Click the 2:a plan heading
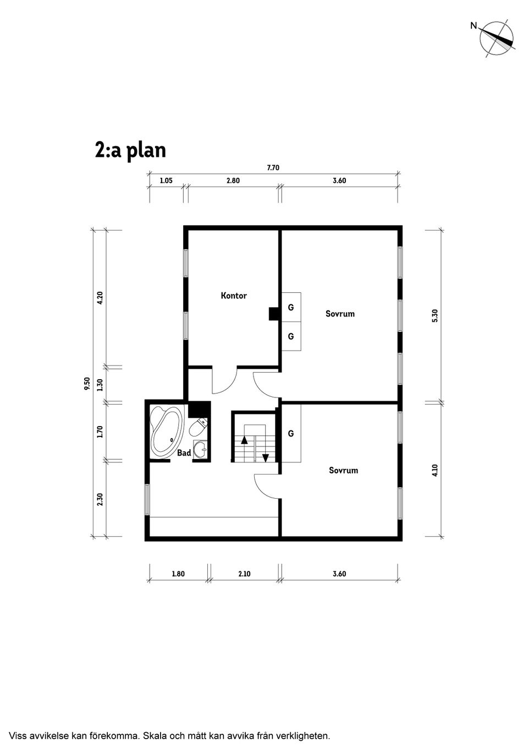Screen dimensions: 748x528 130,150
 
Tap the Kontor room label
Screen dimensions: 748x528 234,296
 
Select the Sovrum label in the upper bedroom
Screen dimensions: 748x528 340,314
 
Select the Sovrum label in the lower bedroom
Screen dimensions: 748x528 343,470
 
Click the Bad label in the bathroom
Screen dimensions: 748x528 184,452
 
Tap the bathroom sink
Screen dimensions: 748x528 201,450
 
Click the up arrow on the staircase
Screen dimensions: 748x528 244,439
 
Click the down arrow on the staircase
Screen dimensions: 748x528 266,457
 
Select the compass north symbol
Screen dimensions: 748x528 497,39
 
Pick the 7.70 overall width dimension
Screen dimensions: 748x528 273,168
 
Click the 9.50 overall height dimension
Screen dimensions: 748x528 87,384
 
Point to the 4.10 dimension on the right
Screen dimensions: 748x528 435,470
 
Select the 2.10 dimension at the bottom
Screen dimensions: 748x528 244,574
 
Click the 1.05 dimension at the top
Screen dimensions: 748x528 166,181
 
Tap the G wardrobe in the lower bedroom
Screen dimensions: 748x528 291,434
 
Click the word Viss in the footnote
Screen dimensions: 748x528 18,735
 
